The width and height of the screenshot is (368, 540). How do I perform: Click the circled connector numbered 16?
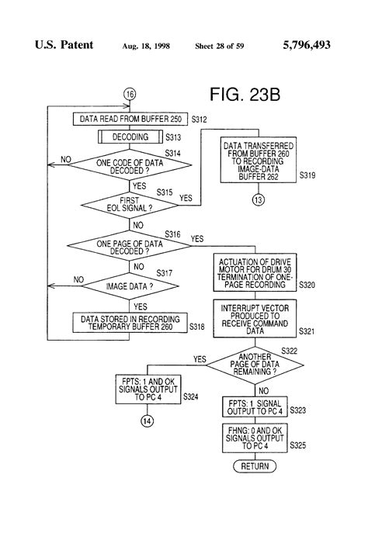coord(130,94)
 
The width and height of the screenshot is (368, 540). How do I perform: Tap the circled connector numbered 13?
coord(258,199)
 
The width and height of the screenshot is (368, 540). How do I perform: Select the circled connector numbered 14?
coord(148,421)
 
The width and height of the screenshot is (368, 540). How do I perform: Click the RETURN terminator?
coord(255,466)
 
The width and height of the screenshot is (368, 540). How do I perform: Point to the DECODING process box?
coord(130,137)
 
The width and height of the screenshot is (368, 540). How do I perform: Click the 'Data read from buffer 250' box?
coord(130,119)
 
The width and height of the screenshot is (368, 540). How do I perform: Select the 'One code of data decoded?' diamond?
coord(130,165)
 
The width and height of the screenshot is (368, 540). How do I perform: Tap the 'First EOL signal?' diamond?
coord(130,205)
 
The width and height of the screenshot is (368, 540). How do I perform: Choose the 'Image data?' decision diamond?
coord(130,286)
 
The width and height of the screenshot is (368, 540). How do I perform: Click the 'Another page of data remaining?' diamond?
coord(255,365)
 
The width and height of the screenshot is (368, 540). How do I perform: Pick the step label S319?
coord(307,175)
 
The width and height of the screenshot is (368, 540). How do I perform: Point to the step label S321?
coord(307,331)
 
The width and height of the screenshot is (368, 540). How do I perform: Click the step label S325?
coord(297,445)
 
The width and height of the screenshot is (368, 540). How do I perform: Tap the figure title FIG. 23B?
coord(245,95)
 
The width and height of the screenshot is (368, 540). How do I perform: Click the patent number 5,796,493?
coord(307,45)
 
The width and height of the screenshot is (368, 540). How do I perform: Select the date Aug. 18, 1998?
coord(146,46)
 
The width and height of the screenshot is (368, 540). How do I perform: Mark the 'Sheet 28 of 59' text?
coord(220,46)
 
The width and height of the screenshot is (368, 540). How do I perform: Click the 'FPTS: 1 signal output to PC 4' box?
coord(255,407)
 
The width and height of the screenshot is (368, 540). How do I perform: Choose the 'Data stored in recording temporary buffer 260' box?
coord(130,323)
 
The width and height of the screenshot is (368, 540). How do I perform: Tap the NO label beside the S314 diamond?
coord(65,160)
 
